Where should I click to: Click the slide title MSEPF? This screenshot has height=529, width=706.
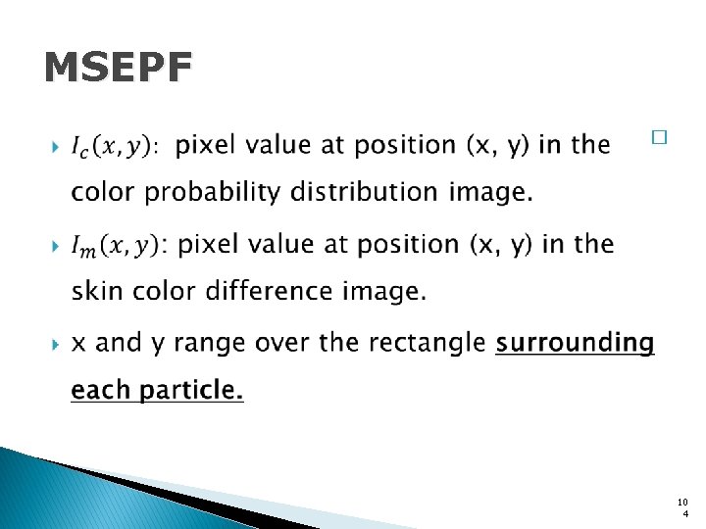point(119,69)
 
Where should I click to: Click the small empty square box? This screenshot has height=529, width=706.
point(658,139)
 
